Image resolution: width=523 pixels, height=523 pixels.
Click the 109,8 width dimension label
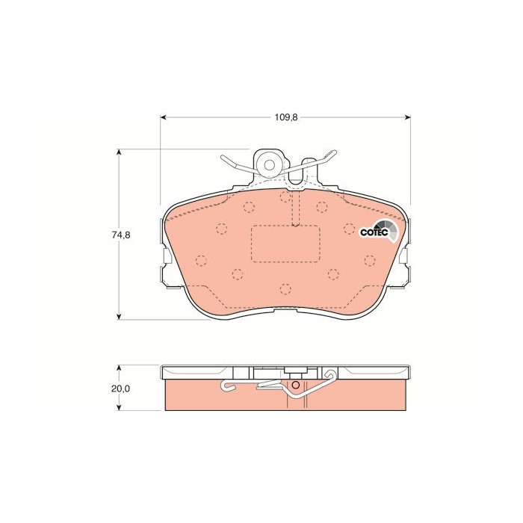click(286, 117)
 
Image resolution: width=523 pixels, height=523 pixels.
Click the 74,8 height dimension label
click(121, 235)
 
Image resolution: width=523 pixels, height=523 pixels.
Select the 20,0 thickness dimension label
click(121, 389)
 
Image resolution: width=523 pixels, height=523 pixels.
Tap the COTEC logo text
click(374, 232)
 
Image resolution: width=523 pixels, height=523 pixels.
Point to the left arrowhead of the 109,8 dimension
click(163, 117)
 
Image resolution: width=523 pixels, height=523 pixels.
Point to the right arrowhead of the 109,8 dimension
click(407, 117)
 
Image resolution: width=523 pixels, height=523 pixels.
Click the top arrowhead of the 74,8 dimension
click(119, 152)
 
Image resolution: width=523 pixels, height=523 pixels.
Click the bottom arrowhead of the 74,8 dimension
click(119, 317)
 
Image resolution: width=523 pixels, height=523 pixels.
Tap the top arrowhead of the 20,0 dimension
click(119, 368)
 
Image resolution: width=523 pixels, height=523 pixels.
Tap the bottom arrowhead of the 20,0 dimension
click(119, 407)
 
